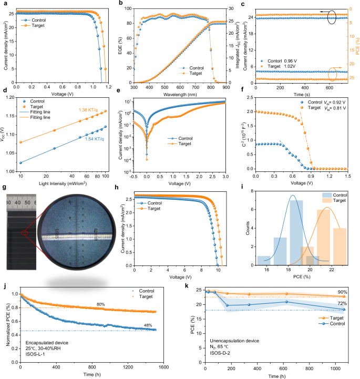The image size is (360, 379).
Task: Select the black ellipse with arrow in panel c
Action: pos(332,17)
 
